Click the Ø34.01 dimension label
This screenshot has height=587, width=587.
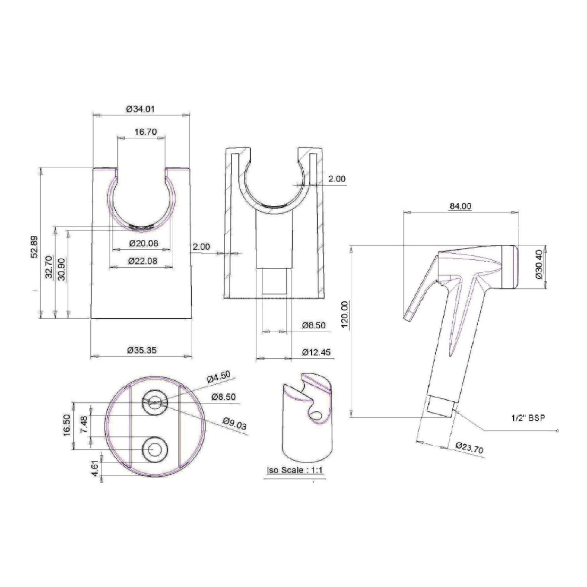(140, 109)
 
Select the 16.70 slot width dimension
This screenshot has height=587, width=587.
(146, 132)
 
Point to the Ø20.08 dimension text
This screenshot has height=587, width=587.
(144, 243)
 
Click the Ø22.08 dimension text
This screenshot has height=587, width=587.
(143, 261)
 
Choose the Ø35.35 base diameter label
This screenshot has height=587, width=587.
(142, 350)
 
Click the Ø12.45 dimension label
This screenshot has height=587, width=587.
(316, 352)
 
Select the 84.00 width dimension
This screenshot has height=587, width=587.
(460, 206)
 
